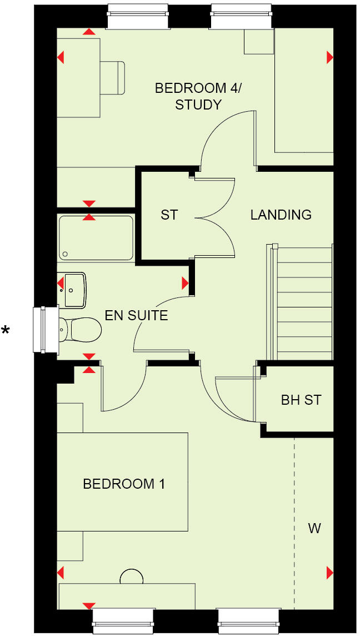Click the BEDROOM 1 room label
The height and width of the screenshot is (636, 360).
coord(123,484)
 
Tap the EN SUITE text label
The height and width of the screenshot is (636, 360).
coord(136,316)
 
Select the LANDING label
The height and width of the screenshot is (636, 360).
coord(281,215)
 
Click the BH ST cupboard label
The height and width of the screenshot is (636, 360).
coord(301,400)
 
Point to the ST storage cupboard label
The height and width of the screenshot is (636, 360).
coord(169,215)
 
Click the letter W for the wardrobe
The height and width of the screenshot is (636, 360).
coord(314,528)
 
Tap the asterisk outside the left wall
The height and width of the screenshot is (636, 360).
coord(6,331)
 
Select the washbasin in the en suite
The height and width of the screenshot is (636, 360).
coord(74,290)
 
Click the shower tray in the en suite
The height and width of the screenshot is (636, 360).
coord(96,238)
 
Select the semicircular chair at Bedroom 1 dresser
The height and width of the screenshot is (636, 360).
coord(132,577)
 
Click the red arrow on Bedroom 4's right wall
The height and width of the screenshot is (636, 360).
coord(329,57)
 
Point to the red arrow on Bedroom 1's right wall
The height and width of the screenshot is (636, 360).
coord(329,572)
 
